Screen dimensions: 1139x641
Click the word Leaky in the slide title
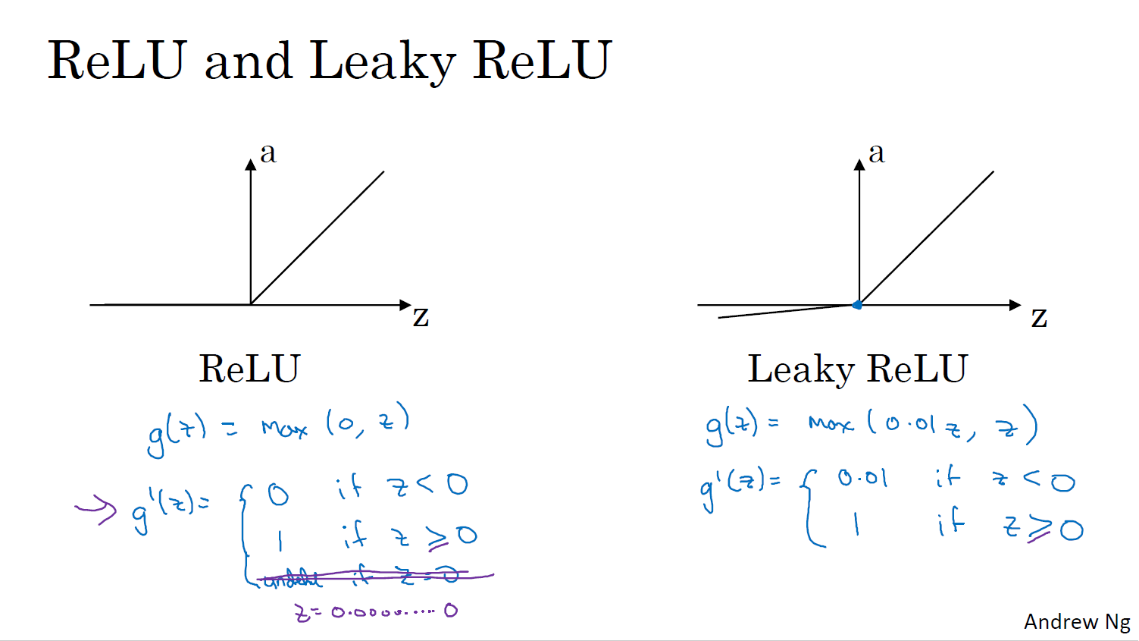pyautogui.click(x=382, y=61)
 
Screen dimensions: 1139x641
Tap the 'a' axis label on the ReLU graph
pyautogui.click(x=268, y=152)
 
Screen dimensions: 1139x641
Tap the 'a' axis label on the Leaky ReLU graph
pyautogui.click(x=877, y=152)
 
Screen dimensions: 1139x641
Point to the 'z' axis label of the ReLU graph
pyautogui.click(x=421, y=316)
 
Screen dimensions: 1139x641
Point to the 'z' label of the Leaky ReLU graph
pyautogui.click(x=1039, y=317)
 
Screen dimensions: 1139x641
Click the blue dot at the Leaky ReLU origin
pyautogui.click(x=858, y=305)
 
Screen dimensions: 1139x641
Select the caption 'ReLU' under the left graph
pyautogui.click(x=249, y=369)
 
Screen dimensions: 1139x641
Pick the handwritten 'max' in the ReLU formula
pyautogui.click(x=284, y=429)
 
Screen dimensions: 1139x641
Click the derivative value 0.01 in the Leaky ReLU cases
pyautogui.click(x=862, y=478)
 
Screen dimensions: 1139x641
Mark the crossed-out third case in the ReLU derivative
pyautogui.click(x=364, y=577)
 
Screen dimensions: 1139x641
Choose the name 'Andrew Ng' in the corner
pyautogui.click(x=1077, y=622)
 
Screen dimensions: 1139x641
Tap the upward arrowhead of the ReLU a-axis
pyautogui.click(x=251, y=164)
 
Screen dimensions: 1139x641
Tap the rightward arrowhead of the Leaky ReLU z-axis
pyautogui.click(x=1015, y=305)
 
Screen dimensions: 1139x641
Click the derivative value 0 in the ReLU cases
pyautogui.click(x=278, y=495)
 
